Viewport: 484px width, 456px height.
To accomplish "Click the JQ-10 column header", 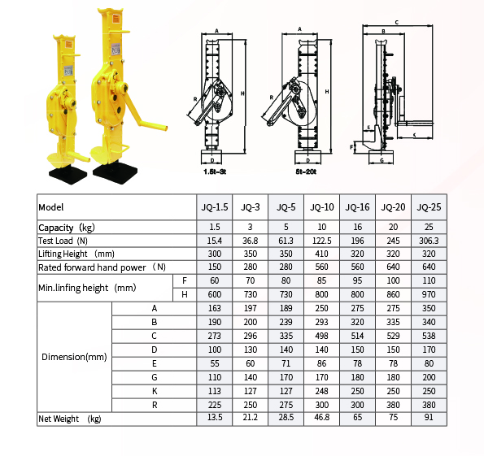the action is click(x=321, y=207).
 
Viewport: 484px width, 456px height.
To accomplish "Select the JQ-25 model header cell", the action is click(x=429, y=207).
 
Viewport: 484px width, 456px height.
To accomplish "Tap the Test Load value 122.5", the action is click(x=321, y=241).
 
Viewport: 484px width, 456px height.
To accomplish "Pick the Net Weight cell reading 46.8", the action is click(x=321, y=418).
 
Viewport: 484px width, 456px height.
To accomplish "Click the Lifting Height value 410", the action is click(x=321, y=254).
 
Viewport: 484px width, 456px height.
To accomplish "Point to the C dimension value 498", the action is click(x=321, y=336).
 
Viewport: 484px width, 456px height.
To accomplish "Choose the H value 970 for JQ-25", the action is click(x=429, y=294).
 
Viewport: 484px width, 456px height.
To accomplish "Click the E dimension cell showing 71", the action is click(x=286, y=363).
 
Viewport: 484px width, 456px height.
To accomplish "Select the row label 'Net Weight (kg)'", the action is click(x=70, y=419).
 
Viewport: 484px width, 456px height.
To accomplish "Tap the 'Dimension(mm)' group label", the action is click(x=74, y=357).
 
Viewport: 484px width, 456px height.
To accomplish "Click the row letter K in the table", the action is click(x=155, y=391).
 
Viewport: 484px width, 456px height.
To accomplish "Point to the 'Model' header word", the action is click(x=51, y=207).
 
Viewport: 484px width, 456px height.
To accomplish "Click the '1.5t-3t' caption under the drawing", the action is click(x=215, y=172).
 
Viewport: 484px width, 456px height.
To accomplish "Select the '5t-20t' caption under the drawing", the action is click(x=306, y=172).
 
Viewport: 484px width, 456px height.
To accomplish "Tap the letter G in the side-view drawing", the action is click(x=382, y=160).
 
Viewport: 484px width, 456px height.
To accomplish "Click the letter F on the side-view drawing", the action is click(x=351, y=147).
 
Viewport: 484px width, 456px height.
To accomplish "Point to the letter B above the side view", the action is click(x=384, y=31).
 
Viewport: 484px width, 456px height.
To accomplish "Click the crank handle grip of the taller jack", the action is click(x=153, y=125).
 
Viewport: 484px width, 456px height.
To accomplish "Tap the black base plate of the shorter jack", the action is click(x=68, y=176).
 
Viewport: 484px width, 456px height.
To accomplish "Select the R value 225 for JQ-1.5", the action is click(x=215, y=405).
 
